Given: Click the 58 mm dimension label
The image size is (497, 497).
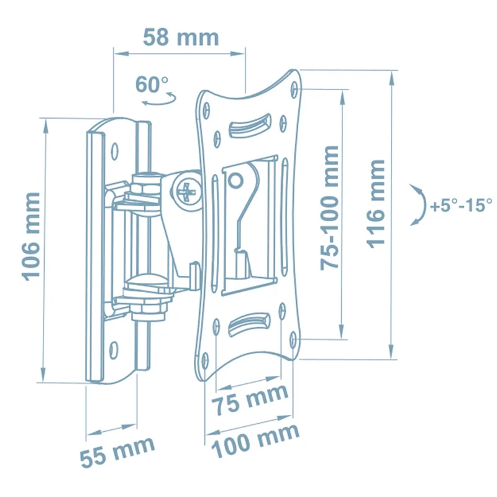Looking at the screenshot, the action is pos(181,38).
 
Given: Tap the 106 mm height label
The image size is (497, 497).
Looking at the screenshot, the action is pos(31,236).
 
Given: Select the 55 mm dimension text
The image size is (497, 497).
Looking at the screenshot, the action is pos(117,452).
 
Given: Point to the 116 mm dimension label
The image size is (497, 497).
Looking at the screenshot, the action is pos(376,204).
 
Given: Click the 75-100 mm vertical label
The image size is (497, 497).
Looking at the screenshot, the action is pos(330,207).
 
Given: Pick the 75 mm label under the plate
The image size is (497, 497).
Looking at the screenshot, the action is pos(250,399).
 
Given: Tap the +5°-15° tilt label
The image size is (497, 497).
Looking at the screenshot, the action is pos(461,205).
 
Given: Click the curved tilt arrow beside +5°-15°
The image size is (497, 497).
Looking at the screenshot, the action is pos(423,205).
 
